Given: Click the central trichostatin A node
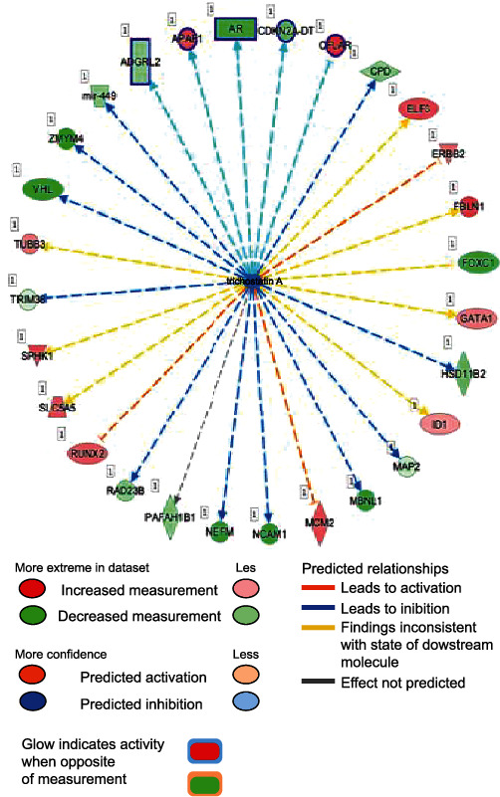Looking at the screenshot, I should point(256,281).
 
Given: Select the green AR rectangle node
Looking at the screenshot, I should point(236,30).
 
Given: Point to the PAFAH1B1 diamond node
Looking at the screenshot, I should point(170,517).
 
